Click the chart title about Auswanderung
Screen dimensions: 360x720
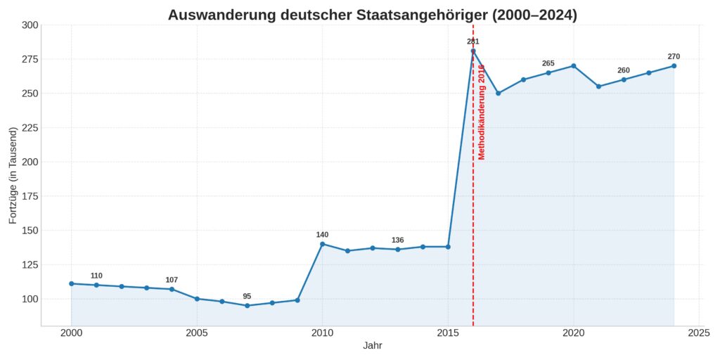tap(372, 15)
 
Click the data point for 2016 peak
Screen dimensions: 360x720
tap(473, 51)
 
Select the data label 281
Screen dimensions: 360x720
tap(473, 41)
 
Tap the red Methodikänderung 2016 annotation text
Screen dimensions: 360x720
tap(482, 112)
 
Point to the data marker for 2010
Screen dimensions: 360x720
tap(323, 244)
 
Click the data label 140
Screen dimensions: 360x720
tap(322, 235)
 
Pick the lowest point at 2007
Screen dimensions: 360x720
tap(247, 306)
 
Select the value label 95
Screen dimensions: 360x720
tap(247, 297)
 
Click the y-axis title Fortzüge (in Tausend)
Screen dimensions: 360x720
tap(13, 176)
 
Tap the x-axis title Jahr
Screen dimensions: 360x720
tap(373, 346)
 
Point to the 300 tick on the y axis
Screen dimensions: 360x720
tap(30, 25)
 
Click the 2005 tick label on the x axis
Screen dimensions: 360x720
tap(197, 333)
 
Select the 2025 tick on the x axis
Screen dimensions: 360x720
tap(699, 333)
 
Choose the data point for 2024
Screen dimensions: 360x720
tap(674, 66)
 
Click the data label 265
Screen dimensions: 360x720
tap(548, 63)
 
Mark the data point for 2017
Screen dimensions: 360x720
tap(498, 94)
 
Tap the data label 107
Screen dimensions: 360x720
tap(172, 280)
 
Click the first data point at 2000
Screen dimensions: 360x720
tap(72, 283)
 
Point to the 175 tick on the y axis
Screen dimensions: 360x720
tap(30, 196)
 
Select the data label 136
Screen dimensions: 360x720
tap(398, 240)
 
